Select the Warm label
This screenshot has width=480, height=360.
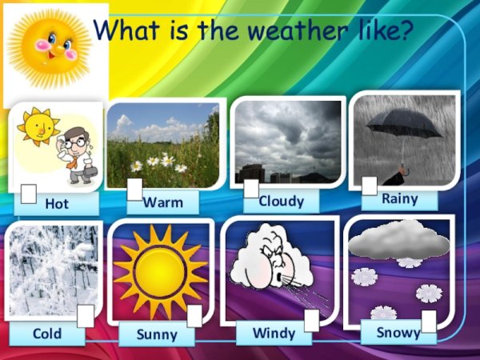coord(163,202)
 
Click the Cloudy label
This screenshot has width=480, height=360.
coord(281,201)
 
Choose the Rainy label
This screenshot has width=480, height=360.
coord(399,198)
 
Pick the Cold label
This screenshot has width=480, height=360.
coord(46,333)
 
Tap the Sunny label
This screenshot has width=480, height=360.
coord(157,334)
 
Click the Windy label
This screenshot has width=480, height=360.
coord(274,332)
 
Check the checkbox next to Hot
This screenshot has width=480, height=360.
coord(28,194)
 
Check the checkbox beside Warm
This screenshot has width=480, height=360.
coord(134,189)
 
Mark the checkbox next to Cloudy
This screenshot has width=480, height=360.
coord(251,189)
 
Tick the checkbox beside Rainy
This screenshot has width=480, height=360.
coord(369,186)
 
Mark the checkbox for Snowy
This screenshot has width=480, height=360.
coord(429,322)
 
